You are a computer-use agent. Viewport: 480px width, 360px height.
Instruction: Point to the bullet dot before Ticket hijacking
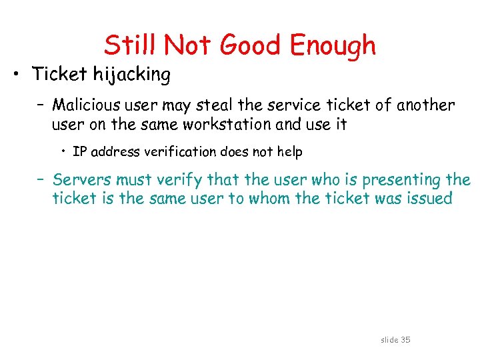coord(20,75)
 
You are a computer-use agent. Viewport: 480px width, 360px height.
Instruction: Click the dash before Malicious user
coord(41,105)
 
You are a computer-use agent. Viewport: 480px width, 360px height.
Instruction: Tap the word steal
coord(252,105)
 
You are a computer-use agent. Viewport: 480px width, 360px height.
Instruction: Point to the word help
coord(289,152)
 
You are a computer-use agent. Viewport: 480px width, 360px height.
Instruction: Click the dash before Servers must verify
coord(41,180)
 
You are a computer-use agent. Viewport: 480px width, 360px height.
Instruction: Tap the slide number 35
coord(405,340)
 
